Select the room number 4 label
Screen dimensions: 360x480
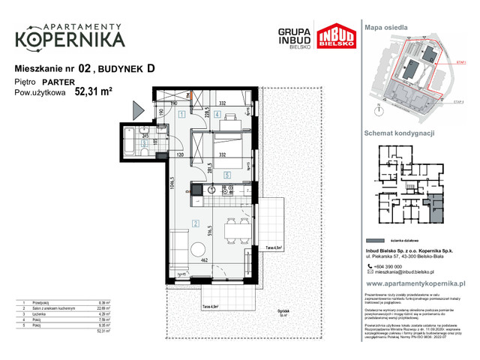tap(215, 114)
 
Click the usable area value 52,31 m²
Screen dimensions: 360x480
tap(94, 93)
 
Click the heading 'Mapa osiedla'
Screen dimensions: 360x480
tap(387, 27)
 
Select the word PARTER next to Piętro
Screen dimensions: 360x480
tap(59, 82)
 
